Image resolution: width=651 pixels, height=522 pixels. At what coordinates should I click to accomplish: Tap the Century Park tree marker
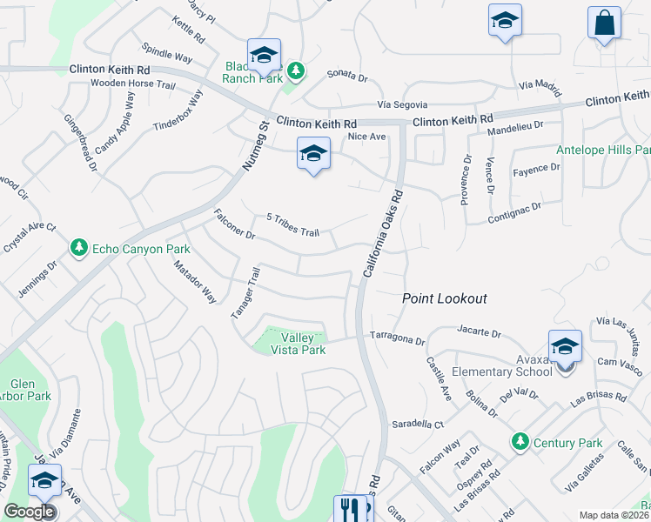tap(520, 442)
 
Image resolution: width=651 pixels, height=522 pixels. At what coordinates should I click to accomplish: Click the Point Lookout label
tap(444, 298)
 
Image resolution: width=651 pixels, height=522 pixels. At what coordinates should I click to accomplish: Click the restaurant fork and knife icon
tap(351, 508)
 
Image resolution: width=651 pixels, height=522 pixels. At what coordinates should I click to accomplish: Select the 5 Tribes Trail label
tap(293, 225)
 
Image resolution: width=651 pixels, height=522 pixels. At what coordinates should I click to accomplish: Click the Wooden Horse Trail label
tap(134, 84)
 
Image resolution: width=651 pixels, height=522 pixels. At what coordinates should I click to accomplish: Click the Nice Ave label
tap(366, 137)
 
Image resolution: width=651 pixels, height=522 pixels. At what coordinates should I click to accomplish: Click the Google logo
tap(30, 512)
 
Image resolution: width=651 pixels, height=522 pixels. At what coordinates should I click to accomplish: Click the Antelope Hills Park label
tap(603, 150)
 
